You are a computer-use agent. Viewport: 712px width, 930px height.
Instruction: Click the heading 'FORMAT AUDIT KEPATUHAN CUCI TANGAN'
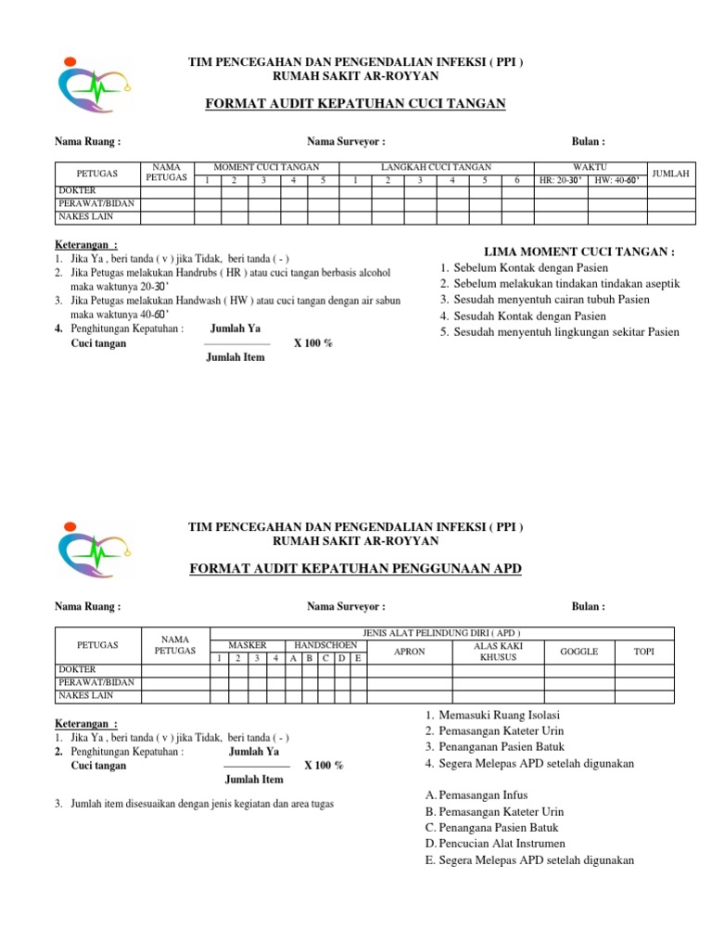[x=355, y=104]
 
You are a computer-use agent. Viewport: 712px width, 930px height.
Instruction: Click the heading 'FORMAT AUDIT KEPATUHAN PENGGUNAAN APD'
[x=355, y=568]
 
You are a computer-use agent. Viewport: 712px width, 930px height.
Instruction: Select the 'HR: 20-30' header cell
[x=561, y=180]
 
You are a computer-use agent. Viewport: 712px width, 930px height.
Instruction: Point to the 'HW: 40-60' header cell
[x=617, y=180]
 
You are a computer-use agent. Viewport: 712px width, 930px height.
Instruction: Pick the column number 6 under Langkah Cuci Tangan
[x=516, y=180]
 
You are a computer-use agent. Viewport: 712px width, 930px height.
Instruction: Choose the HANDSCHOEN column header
[x=323, y=644]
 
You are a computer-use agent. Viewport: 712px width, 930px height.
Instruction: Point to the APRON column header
[x=410, y=652]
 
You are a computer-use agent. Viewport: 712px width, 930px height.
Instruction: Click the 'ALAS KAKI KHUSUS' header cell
[x=498, y=651]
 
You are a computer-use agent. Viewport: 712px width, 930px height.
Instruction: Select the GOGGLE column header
[x=578, y=652]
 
